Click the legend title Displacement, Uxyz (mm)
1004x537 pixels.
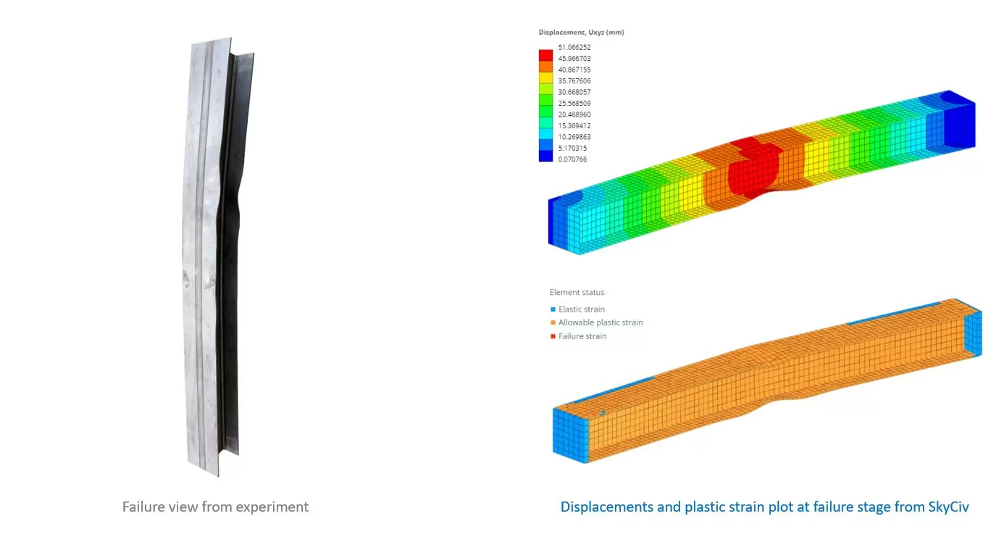[x=581, y=33]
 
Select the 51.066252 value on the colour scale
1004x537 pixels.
[x=574, y=47]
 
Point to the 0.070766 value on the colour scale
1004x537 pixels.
[x=572, y=159]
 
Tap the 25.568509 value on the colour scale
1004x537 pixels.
[x=574, y=103]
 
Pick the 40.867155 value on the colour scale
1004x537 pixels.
[x=574, y=70]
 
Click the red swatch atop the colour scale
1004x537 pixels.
[x=545, y=55]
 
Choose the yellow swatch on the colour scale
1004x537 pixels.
[x=545, y=78]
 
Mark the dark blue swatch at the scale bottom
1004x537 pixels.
[x=545, y=156]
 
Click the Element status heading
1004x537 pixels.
[x=577, y=292]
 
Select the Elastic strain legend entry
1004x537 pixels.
[x=577, y=309]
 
